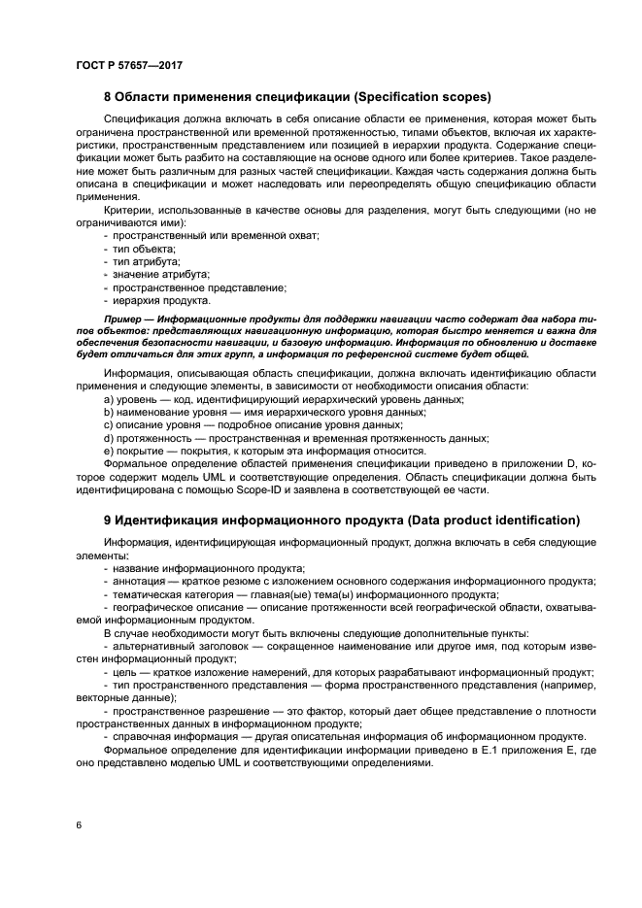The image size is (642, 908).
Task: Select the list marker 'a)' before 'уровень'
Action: pyautogui.click(x=110, y=400)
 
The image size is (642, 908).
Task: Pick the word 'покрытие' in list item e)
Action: pyautogui.click(x=142, y=451)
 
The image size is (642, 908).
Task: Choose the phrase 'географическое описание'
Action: pyautogui.click(x=178, y=607)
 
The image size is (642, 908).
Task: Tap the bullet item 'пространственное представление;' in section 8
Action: pyautogui.click(x=199, y=287)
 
